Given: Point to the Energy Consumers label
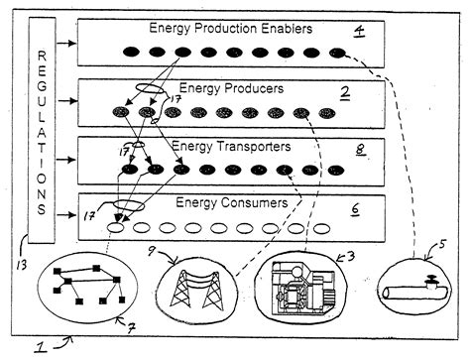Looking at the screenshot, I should point(232,203).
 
